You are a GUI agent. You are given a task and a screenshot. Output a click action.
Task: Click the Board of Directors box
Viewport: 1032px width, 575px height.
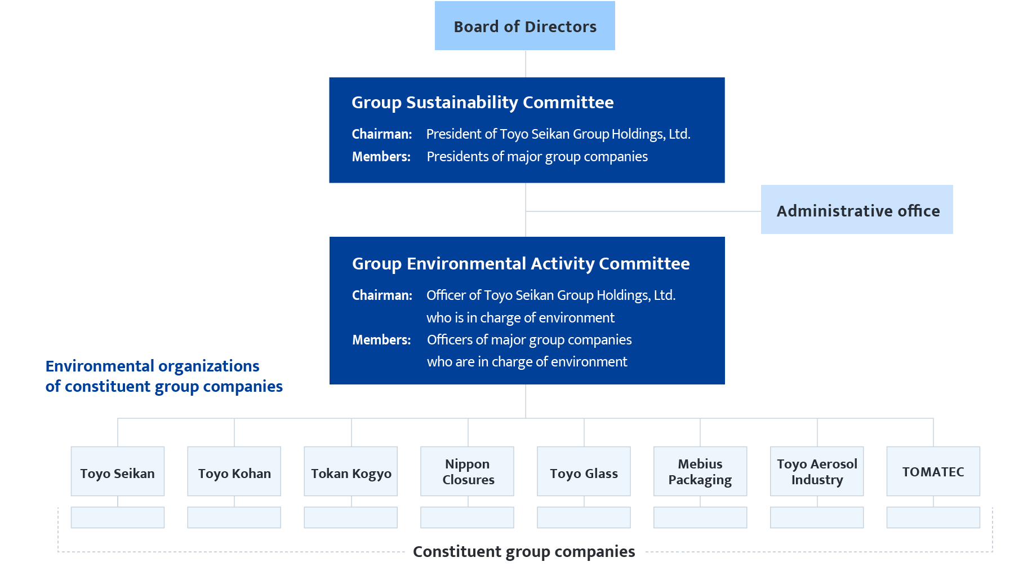point(524,26)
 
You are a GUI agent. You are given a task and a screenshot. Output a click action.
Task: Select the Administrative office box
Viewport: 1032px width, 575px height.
point(856,210)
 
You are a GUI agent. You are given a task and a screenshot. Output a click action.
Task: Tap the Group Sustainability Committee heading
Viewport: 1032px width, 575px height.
point(482,103)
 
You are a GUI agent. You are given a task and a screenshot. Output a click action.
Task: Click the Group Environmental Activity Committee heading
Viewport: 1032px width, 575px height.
point(521,264)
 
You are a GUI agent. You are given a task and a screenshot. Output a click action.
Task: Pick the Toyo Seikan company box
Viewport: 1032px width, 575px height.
point(117,472)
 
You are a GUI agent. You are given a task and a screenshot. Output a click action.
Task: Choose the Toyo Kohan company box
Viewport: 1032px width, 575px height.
point(234,472)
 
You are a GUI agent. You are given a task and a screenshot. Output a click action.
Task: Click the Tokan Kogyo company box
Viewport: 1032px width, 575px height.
point(350,472)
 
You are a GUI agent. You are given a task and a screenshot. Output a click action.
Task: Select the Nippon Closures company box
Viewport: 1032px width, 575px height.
point(467,472)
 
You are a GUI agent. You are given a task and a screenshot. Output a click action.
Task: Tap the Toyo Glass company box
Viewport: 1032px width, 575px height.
point(584,472)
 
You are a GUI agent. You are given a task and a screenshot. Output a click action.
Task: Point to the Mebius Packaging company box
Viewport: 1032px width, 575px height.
point(700,472)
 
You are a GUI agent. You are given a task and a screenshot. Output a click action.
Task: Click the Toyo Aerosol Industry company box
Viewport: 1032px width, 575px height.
point(817,472)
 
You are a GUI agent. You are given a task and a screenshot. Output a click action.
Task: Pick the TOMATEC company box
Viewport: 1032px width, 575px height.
point(933,472)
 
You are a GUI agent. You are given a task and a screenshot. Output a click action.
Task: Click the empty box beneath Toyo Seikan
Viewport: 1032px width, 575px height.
point(117,517)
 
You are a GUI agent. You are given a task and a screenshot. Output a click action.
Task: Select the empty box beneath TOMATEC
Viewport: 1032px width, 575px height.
point(933,517)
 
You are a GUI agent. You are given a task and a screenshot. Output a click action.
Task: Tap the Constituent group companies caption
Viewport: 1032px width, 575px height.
point(524,551)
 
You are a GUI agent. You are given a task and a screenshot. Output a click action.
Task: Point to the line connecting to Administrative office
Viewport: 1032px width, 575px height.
point(642,211)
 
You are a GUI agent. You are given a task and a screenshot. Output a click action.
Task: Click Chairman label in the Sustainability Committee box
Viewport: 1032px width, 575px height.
point(382,134)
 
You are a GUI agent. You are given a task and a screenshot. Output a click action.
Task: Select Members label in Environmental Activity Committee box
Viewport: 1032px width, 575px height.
point(381,340)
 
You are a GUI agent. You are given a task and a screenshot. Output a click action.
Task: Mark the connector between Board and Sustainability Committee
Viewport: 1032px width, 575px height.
point(526,64)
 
